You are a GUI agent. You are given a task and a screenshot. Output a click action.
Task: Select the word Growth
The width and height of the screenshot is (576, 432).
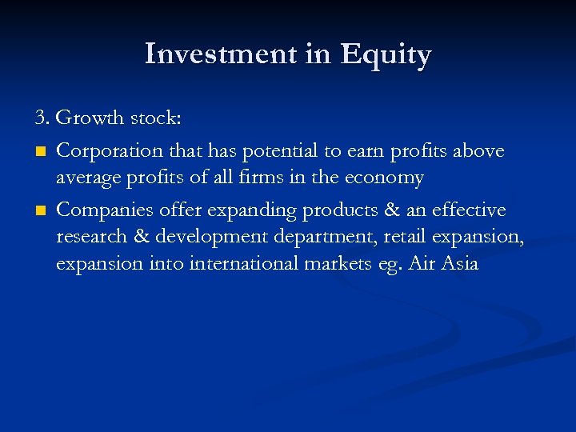pos(90,118)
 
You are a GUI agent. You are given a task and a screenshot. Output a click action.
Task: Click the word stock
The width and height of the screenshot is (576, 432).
pos(156,118)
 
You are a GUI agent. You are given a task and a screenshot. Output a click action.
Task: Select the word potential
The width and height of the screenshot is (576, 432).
pos(278,150)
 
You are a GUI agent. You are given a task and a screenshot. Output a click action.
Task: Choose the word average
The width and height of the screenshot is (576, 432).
pos(90,178)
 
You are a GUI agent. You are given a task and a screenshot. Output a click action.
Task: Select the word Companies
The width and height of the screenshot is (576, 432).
pos(106,211)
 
